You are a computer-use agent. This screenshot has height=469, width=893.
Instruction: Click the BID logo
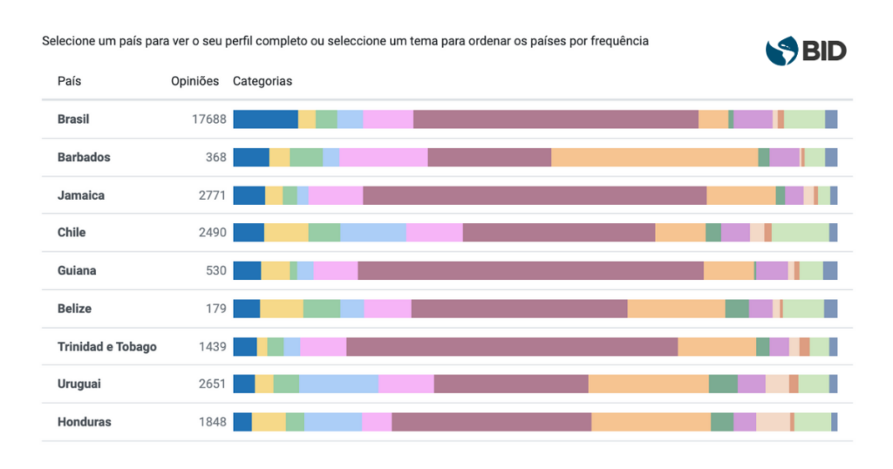tap(805, 51)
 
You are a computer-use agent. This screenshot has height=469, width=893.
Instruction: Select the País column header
tap(69, 81)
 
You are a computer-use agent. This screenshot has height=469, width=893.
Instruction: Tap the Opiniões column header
tap(194, 81)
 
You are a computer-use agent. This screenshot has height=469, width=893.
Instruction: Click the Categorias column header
tap(262, 81)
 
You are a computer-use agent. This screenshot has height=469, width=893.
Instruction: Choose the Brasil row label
tap(73, 119)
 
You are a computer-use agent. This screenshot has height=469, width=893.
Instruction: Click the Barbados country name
tap(84, 158)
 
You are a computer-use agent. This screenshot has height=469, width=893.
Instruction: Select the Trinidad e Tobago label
tap(107, 347)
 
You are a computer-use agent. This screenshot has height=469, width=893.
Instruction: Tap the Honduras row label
tap(84, 422)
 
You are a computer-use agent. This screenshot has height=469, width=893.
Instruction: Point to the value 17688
tap(209, 119)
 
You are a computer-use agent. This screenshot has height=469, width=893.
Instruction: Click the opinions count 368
tap(215, 158)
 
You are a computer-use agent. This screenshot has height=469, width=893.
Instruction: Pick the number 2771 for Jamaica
tap(212, 195)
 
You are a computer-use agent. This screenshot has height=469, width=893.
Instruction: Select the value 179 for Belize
tap(215, 309)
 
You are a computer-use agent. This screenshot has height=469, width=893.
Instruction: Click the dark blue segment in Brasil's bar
tap(265, 119)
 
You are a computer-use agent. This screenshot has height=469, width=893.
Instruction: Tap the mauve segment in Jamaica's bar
tap(534, 195)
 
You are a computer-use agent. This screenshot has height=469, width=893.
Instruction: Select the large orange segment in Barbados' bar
tap(654, 158)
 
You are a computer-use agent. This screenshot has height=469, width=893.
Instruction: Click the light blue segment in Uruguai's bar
tap(338, 384)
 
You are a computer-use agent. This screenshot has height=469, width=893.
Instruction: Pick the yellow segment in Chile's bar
tap(286, 233)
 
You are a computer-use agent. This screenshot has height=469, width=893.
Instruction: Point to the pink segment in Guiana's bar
tap(335, 271)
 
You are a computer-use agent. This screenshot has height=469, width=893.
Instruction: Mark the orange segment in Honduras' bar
tap(651, 422)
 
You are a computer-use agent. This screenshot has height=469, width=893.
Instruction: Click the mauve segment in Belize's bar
tap(519, 309)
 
